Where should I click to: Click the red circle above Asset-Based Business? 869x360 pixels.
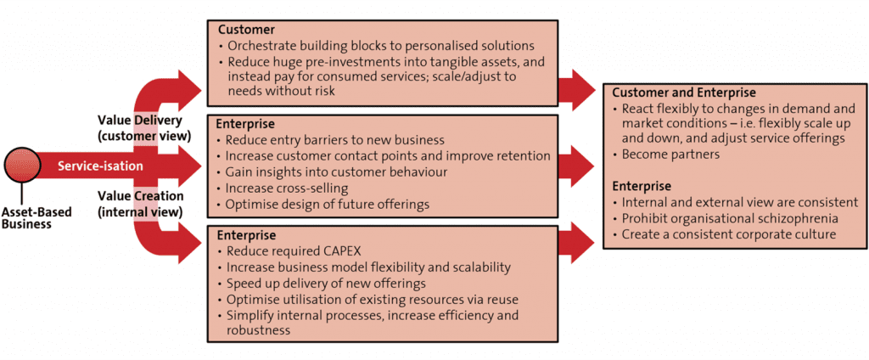21,166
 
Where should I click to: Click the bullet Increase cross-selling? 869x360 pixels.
287,188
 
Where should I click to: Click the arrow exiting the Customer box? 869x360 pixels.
578,87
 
